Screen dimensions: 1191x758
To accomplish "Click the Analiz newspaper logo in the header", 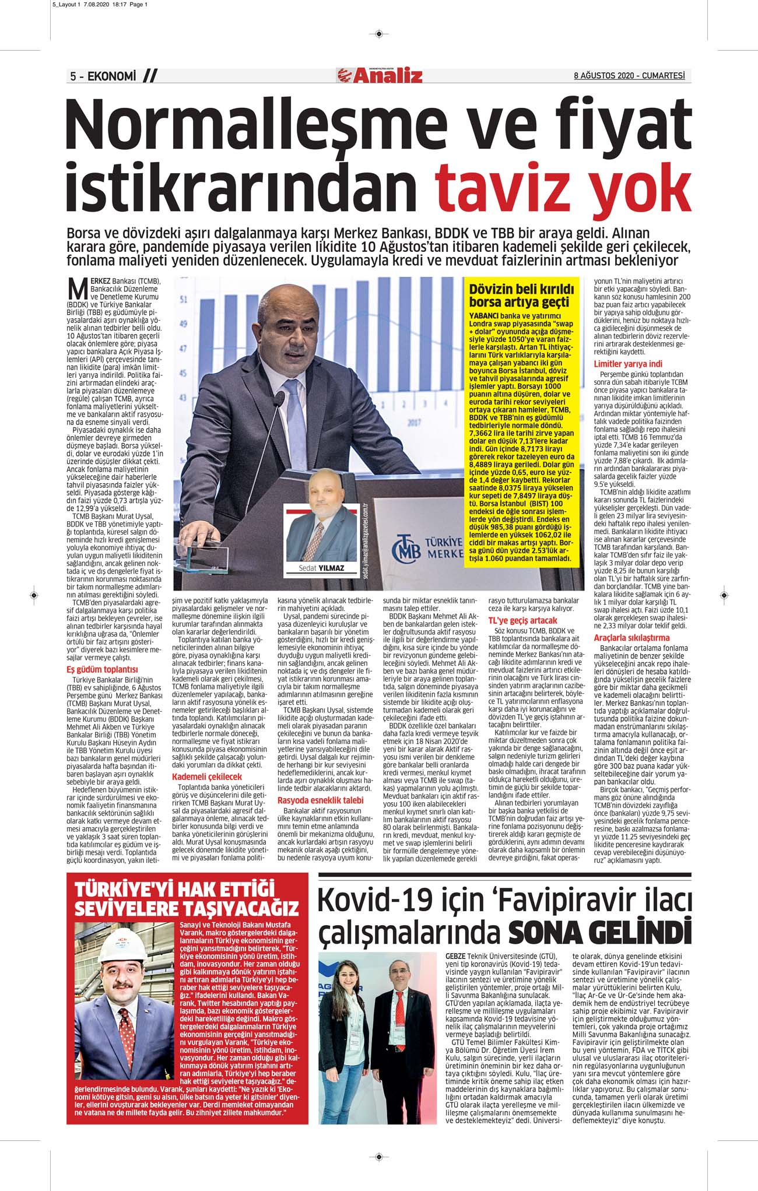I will click(380, 76).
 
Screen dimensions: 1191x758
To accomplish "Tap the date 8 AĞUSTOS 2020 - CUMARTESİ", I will click(629, 76).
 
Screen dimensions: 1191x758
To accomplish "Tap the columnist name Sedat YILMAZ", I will click(322, 568).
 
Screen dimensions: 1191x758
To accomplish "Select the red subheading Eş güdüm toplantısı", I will click(102, 670).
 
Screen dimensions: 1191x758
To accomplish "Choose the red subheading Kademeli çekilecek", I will click(207, 777).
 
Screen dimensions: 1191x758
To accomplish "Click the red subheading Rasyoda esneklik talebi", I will click(320, 800).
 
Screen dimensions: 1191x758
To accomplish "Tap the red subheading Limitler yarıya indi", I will click(628, 364).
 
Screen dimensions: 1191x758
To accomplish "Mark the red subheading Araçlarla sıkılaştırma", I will click(631, 638).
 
